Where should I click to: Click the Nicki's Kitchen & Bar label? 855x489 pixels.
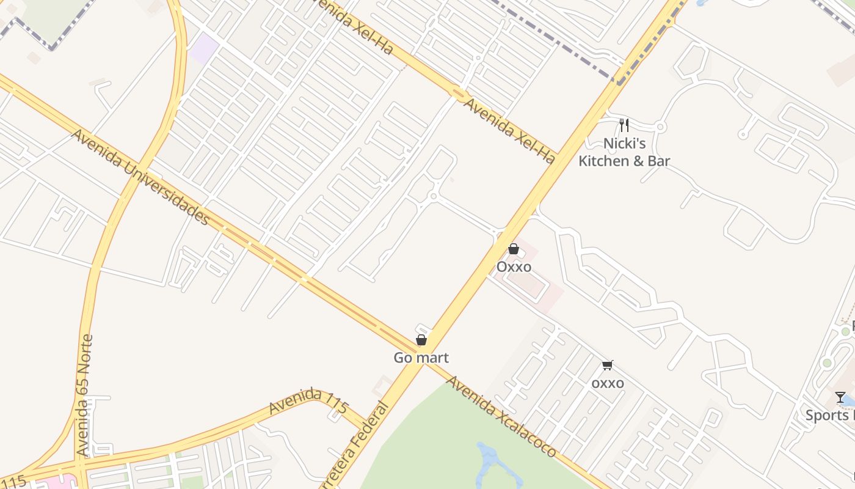624,152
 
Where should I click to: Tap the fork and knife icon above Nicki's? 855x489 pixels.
624,125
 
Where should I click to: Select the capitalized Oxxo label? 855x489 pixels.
514,267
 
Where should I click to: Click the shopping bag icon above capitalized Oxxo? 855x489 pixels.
514,249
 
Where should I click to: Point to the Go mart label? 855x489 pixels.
421,358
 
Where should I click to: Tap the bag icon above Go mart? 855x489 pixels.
421,340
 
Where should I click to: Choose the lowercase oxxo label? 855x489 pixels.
608,383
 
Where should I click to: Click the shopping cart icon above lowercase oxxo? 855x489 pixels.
607,366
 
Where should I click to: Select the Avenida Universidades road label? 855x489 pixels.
140,177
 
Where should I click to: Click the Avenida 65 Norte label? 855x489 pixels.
84,395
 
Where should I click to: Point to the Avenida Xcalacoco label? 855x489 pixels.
501,416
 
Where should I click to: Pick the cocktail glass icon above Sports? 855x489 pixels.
840,397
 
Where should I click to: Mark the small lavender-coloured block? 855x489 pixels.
203,48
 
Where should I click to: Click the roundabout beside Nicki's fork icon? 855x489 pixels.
660,127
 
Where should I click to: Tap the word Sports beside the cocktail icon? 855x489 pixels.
828,416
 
